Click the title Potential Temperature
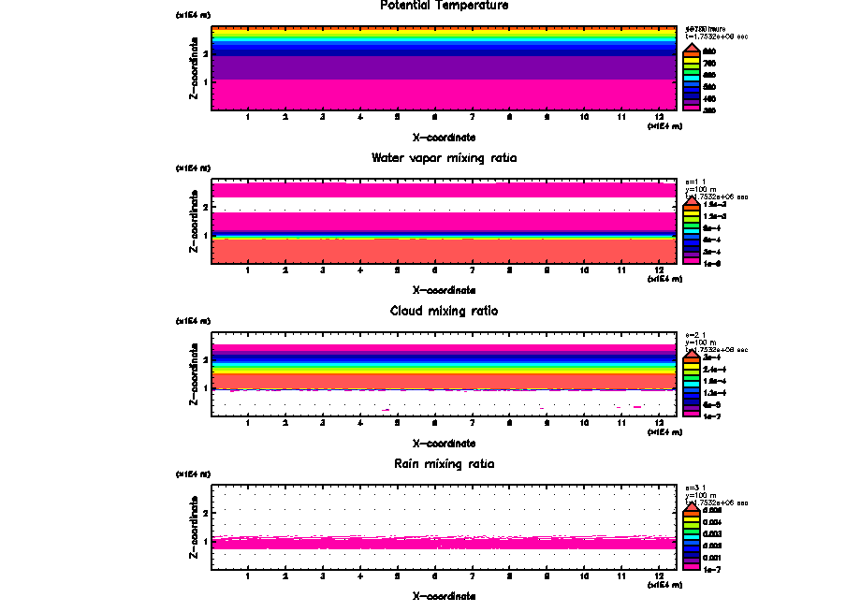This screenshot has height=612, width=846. click(444, 6)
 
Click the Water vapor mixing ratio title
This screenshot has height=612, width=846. click(444, 158)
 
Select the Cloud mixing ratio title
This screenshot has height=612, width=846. click(444, 311)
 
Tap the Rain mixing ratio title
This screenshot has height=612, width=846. click(444, 464)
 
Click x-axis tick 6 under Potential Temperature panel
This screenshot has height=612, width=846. click(435, 117)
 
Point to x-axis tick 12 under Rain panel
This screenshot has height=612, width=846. click(660, 576)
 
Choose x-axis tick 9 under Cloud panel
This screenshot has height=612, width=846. click(547, 423)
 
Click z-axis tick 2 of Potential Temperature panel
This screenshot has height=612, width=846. click(204, 54)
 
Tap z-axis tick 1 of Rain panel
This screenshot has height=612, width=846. click(204, 541)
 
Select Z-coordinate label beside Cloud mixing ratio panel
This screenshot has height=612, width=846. click(194, 375)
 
